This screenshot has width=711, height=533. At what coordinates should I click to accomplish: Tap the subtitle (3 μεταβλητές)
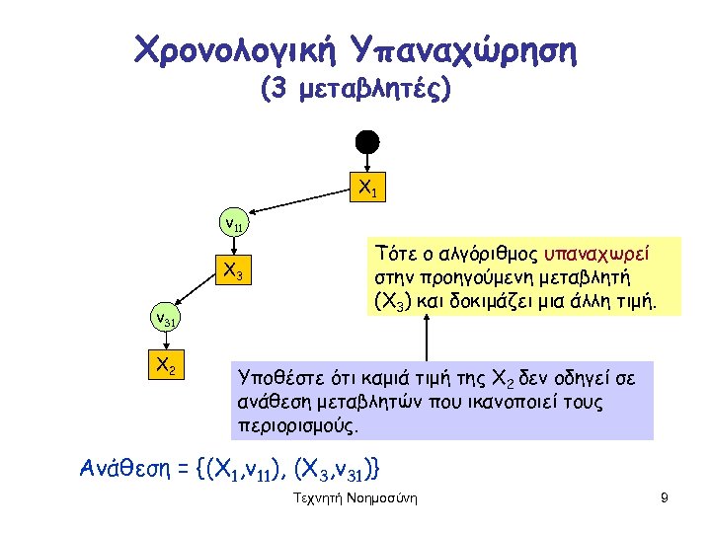(355, 91)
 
